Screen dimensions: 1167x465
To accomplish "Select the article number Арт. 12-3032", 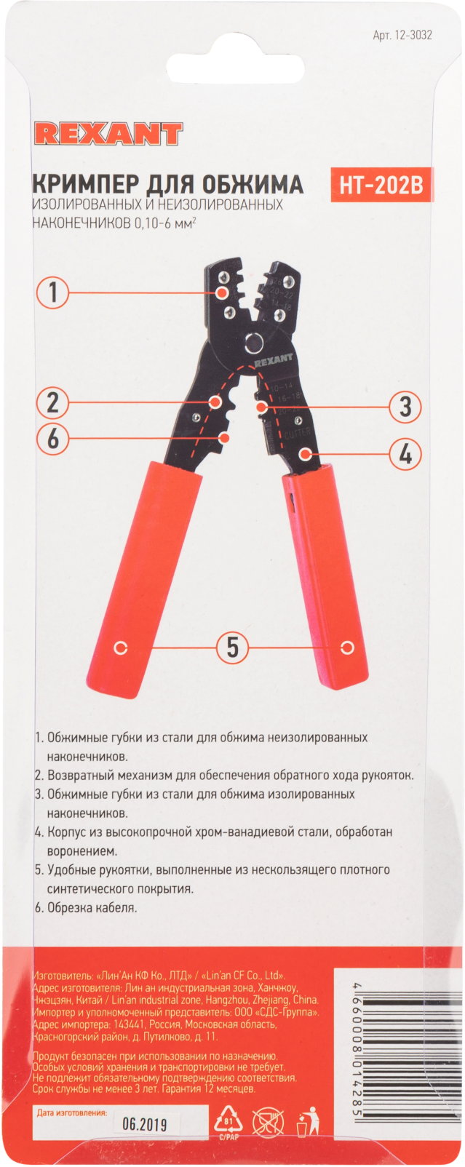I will click(402, 35).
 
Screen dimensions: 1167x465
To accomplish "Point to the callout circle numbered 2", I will click(53, 402).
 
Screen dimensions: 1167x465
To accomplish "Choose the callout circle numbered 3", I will click(405, 407).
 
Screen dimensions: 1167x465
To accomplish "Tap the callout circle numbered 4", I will click(405, 454).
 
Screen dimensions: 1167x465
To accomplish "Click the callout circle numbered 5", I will click(232, 646).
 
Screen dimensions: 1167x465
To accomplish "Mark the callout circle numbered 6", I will click(53, 439).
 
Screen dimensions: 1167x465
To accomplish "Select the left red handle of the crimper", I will click(145, 575).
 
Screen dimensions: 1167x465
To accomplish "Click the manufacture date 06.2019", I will click(144, 1124).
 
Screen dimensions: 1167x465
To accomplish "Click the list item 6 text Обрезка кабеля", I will click(91, 907).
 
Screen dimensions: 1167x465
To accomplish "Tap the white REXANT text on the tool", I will click(273, 359).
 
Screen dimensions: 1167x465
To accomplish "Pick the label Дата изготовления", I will click(71, 1112).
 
